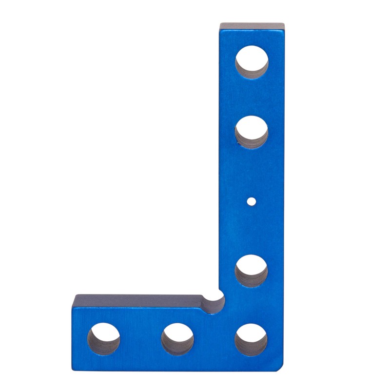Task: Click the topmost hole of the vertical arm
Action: coord(252,62)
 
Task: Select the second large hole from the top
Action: coord(251,132)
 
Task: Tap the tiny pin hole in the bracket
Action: coord(251,200)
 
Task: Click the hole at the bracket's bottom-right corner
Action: coord(251,339)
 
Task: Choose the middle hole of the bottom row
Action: coord(177,339)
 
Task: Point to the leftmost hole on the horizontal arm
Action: coord(103,339)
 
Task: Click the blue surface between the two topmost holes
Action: coord(251,97)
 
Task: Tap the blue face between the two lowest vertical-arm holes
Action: coord(251,305)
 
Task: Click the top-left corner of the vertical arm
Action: coord(220,24)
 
